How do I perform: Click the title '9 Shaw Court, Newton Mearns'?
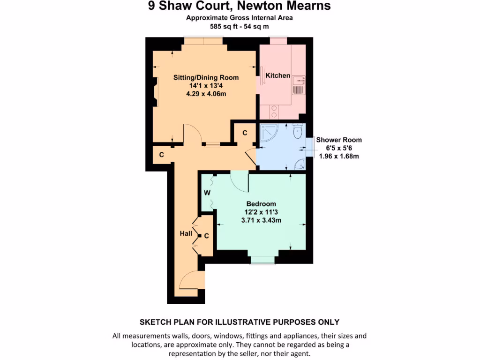(x=240, y=6)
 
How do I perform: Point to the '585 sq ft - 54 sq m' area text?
(x=240, y=27)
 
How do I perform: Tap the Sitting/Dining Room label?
(x=206, y=77)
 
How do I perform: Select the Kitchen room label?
(x=277, y=75)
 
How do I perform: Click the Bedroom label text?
(x=261, y=204)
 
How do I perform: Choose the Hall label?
(x=186, y=233)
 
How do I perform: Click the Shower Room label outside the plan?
(x=339, y=140)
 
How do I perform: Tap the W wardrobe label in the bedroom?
(x=207, y=192)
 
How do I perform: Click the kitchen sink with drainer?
(x=299, y=84)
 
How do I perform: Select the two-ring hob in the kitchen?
(x=274, y=112)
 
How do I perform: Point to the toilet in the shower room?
(x=297, y=132)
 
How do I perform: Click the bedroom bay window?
(x=262, y=260)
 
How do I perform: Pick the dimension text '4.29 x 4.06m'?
(x=206, y=94)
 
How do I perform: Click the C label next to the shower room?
(x=244, y=133)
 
